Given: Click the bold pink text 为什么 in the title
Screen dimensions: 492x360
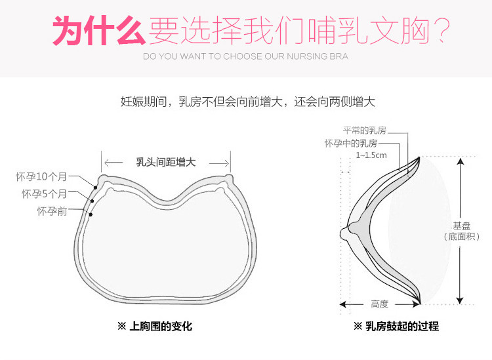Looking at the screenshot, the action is [99, 30].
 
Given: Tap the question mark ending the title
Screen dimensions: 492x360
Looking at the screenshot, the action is [443, 30].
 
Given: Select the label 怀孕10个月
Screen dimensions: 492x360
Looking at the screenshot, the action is [41, 177].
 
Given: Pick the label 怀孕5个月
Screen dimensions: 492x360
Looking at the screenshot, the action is [44, 194].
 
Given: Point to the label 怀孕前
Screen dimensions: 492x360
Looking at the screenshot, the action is [52, 210].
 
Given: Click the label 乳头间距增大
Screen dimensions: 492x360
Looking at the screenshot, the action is [165, 162].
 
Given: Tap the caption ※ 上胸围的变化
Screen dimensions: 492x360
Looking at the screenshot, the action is [155, 326].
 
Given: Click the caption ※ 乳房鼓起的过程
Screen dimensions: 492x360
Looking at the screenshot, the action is [396, 326].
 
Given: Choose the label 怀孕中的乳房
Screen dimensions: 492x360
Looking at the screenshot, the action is [350, 143].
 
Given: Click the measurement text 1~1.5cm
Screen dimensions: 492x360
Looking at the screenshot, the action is [371, 155].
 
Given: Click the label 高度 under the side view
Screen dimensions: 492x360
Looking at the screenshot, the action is [379, 304].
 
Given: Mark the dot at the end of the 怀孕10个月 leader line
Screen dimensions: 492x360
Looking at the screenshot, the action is [96, 188].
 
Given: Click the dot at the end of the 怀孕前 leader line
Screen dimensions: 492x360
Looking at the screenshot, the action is [91, 213].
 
